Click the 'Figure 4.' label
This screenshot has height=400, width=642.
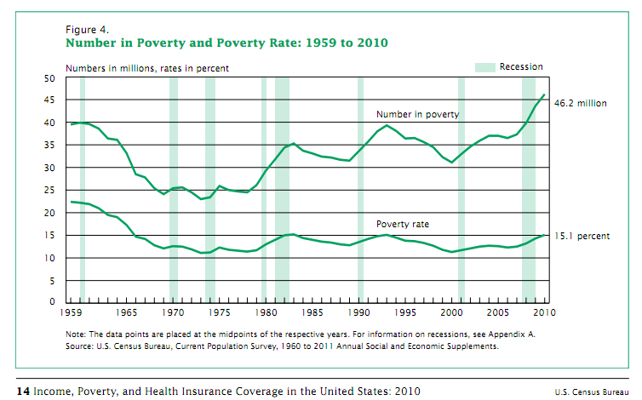tap(86, 28)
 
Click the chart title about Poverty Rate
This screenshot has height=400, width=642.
tap(228, 42)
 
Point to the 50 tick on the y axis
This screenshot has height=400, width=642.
tap(49, 78)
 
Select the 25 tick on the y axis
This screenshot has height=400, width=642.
tap(49, 190)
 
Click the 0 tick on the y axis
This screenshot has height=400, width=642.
tap(52, 302)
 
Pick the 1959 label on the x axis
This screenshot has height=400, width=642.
tap(75, 313)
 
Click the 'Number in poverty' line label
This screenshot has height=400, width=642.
tap(418, 114)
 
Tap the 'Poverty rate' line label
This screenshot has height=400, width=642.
tap(403, 224)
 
